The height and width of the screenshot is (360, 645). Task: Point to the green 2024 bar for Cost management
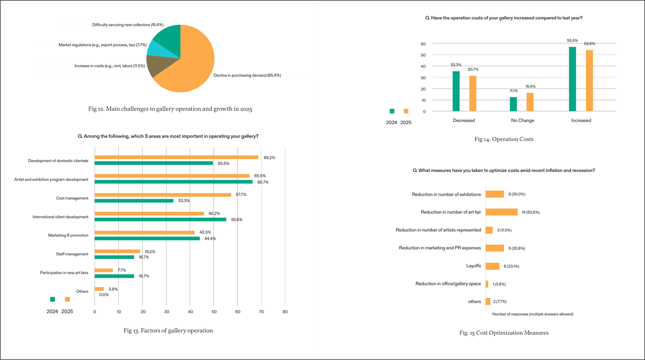click(x=134, y=201)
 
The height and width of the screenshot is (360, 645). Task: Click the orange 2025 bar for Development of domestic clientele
click(x=176, y=157)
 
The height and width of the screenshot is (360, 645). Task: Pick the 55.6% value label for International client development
click(x=237, y=220)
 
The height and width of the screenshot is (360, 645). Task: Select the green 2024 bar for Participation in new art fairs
click(x=114, y=276)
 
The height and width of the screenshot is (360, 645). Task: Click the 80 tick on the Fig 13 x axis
click(x=285, y=311)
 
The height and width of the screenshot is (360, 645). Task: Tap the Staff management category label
click(x=73, y=254)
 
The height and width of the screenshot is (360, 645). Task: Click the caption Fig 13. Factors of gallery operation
click(x=168, y=331)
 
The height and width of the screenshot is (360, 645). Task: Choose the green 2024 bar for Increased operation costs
click(x=572, y=79)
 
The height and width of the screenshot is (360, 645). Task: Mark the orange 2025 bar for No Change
click(x=530, y=102)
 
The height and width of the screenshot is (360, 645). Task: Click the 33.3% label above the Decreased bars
click(x=456, y=65)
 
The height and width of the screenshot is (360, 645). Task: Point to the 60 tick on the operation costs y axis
click(x=424, y=44)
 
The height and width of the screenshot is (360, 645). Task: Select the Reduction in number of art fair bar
click(x=501, y=212)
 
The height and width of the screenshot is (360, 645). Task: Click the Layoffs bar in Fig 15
click(x=492, y=266)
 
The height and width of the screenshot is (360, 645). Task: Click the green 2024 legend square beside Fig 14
click(x=392, y=111)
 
